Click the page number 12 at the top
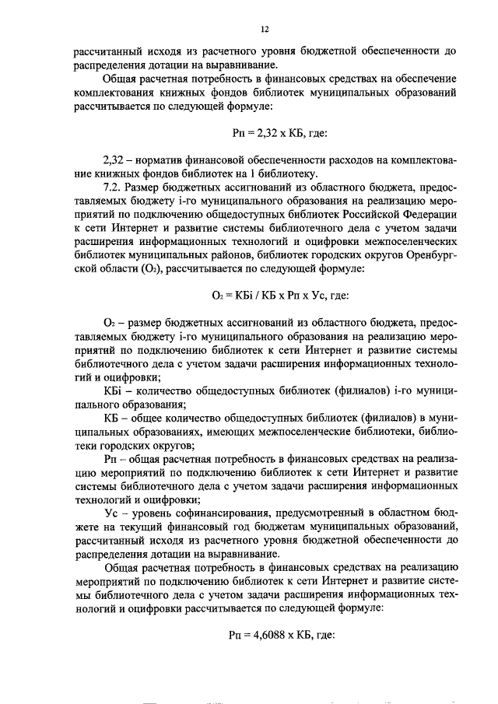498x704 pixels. [265, 30]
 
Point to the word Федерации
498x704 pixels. [425, 214]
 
